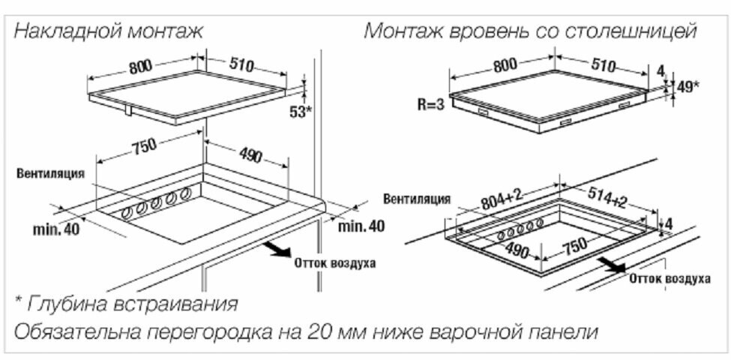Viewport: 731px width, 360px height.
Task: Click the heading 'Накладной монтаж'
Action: point(109,31)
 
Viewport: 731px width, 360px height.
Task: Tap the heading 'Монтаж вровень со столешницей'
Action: point(531,31)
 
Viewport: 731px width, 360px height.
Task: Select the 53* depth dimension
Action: point(300,112)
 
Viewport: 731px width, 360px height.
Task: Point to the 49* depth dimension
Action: point(685,87)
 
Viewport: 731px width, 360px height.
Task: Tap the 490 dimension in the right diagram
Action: point(517,248)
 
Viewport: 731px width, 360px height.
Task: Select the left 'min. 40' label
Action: point(55,229)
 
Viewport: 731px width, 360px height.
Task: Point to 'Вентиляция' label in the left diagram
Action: point(50,173)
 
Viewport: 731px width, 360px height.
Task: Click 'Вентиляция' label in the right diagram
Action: point(417,199)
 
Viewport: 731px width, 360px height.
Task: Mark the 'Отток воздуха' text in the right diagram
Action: point(670,279)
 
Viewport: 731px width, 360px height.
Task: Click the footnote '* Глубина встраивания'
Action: point(126,304)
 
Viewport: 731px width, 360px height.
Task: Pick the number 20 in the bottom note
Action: point(324,331)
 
